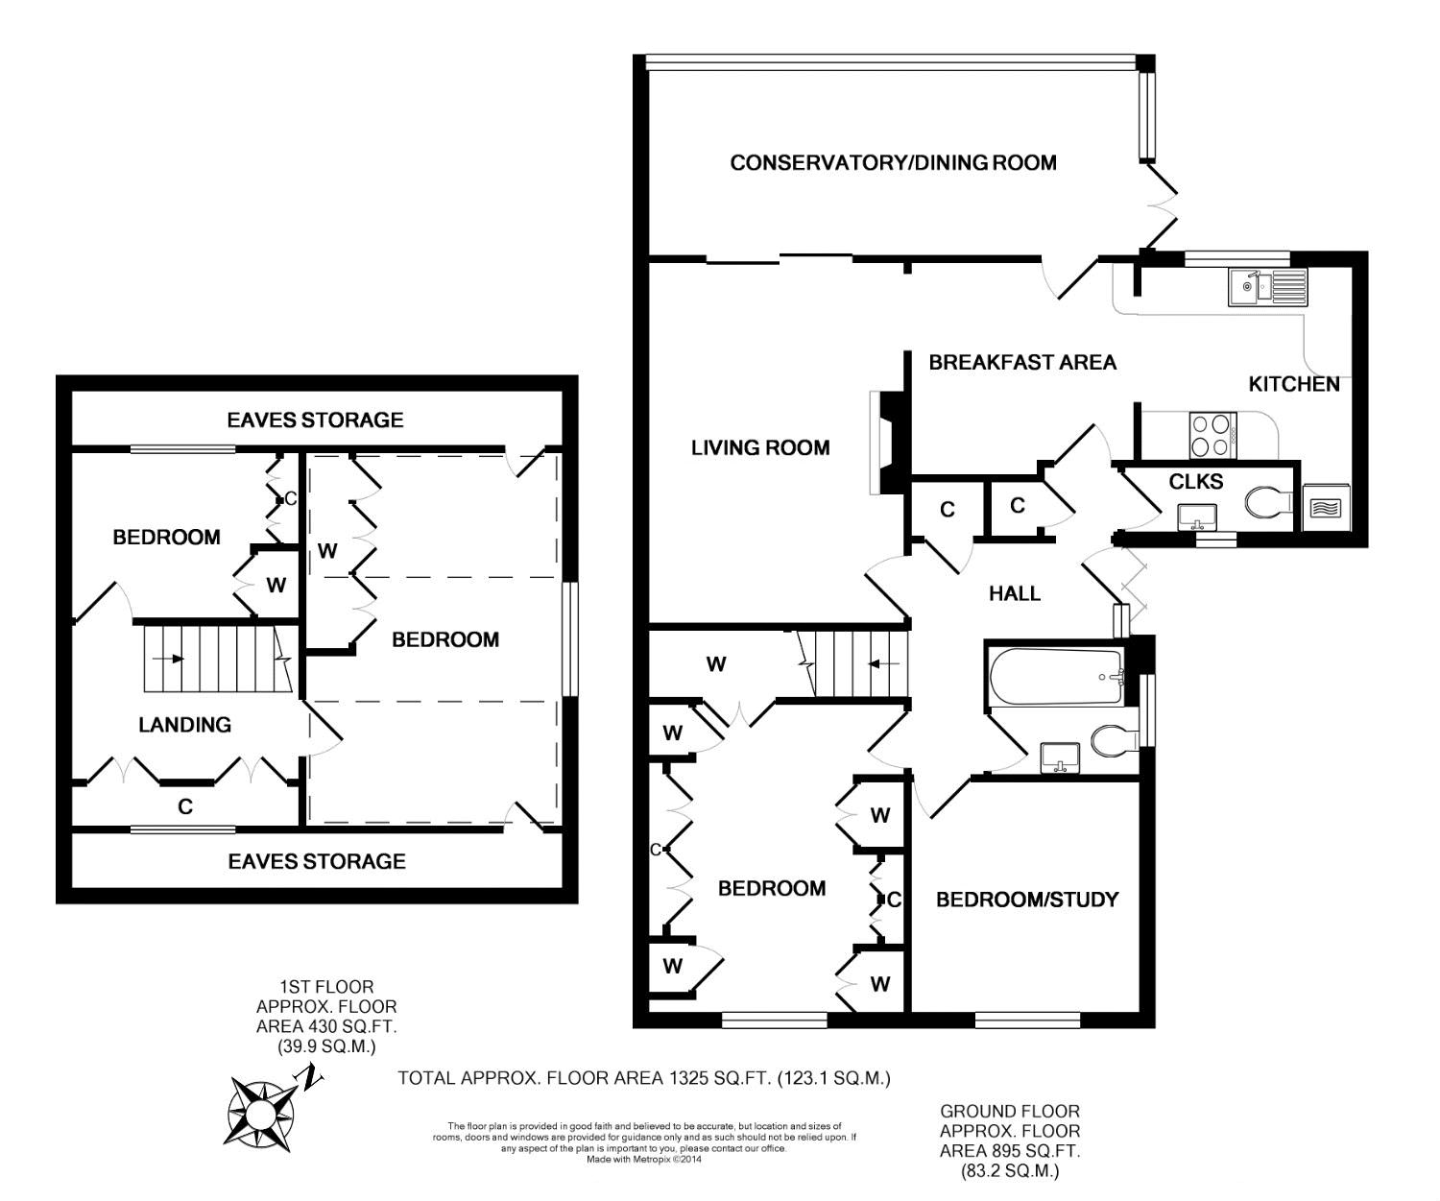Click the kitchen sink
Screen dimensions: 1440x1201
tap(1267, 287)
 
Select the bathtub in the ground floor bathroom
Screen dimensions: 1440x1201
tap(1057, 677)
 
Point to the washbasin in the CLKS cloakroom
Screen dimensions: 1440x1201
tap(1197, 516)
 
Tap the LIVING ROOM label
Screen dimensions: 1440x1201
tap(760, 447)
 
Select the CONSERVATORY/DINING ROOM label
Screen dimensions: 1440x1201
tap(893, 163)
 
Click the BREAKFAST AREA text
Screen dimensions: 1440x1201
tap(1022, 362)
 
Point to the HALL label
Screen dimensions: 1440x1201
tap(1015, 593)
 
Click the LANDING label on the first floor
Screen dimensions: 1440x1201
tap(185, 724)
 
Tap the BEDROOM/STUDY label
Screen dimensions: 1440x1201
tap(1027, 900)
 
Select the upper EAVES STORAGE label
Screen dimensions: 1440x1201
tap(315, 420)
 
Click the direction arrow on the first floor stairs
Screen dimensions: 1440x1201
tap(168, 658)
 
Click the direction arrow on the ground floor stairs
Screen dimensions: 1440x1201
tap(883, 663)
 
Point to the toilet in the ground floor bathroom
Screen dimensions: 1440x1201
tap(1114, 741)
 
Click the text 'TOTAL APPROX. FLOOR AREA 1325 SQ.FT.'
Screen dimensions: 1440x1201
tap(584, 1077)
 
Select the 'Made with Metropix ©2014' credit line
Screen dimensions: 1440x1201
tap(644, 1160)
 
